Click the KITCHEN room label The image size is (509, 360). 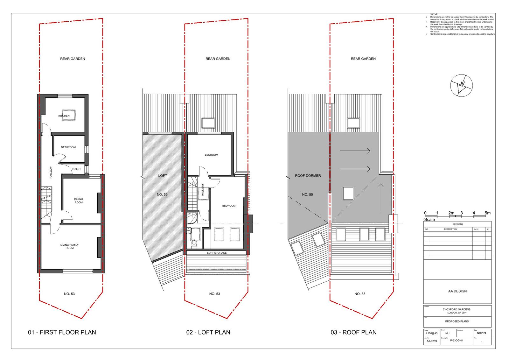(x=64, y=116)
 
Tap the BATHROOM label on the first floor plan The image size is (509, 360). (x=68, y=147)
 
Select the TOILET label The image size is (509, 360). (x=76, y=169)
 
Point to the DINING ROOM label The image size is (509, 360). (x=79, y=201)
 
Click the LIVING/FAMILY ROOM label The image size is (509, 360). (x=69, y=246)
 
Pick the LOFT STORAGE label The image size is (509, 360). (x=217, y=253)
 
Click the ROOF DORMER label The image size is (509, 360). (x=308, y=176)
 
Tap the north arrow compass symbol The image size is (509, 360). (x=461, y=85)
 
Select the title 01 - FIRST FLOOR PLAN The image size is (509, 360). (x=62, y=332)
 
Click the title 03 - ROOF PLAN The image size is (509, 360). (x=353, y=332)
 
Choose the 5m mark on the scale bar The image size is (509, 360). (x=487, y=213)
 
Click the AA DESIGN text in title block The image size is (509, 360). (x=457, y=291)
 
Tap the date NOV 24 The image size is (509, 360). (x=482, y=333)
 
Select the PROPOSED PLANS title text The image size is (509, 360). (x=457, y=321)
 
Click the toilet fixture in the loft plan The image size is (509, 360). (x=194, y=243)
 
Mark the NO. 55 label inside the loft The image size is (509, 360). (x=162, y=194)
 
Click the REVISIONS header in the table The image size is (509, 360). (x=457, y=224)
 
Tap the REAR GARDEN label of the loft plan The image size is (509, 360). (x=218, y=59)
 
